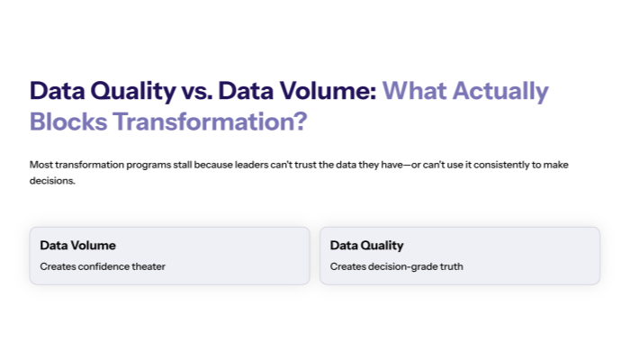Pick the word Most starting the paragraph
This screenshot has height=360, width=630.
click(x=40, y=165)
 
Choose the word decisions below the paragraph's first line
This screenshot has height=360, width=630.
click(x=51, y=180)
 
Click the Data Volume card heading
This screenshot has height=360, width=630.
click(x=77, y=245)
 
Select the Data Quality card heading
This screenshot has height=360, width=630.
click(x=366, y=245)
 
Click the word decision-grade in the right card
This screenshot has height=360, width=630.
click(x=401, y=266)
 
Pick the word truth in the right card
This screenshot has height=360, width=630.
click(x=451, y=266)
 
